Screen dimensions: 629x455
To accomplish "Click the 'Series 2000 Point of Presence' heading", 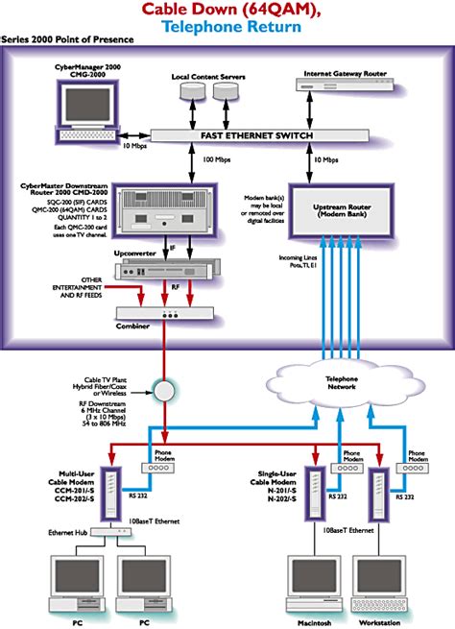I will click(x=67, y=41).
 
